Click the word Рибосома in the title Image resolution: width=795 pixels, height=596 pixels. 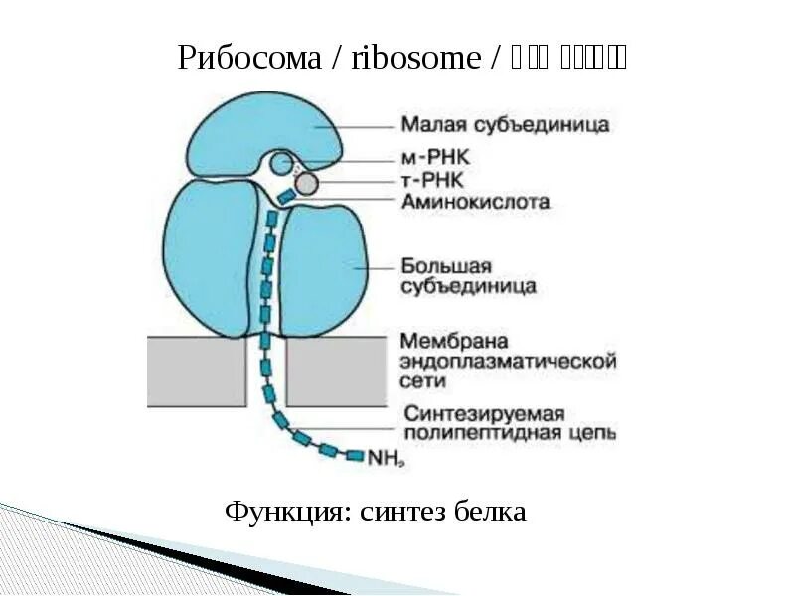click(251, 58)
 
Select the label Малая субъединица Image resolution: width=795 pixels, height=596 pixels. click(505, 126)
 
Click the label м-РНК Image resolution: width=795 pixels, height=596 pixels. click(435, 158)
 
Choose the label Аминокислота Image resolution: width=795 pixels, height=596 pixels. click(475, 202)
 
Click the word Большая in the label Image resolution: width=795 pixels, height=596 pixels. click(447, 266)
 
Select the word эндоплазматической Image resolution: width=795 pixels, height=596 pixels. click(509, 360)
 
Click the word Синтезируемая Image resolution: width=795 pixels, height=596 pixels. click(484, 413)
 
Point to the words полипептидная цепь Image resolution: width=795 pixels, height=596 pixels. click(509, 433)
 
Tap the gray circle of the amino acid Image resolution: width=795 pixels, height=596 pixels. click(307, 183)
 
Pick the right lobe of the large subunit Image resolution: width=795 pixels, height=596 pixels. click(328, 268)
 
